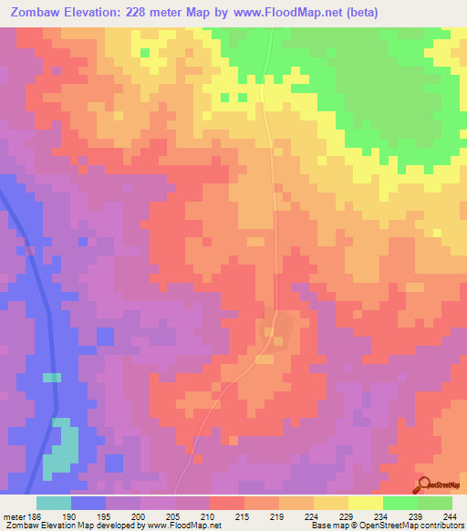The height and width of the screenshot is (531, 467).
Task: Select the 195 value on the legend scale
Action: (105, 515)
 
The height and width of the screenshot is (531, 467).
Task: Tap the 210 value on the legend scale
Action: (209, 515)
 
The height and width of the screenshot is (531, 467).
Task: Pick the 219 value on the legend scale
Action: (278, 515)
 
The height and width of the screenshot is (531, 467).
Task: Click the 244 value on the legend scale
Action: (451, 515)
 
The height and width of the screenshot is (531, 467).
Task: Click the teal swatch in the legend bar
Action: (54, 503)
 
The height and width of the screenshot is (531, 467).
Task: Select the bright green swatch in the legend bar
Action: (400, 503)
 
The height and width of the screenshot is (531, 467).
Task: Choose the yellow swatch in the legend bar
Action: (365, 503)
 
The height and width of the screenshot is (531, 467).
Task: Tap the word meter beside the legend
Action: (14, 515)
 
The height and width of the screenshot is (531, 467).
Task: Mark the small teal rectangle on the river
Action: (52, 377)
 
